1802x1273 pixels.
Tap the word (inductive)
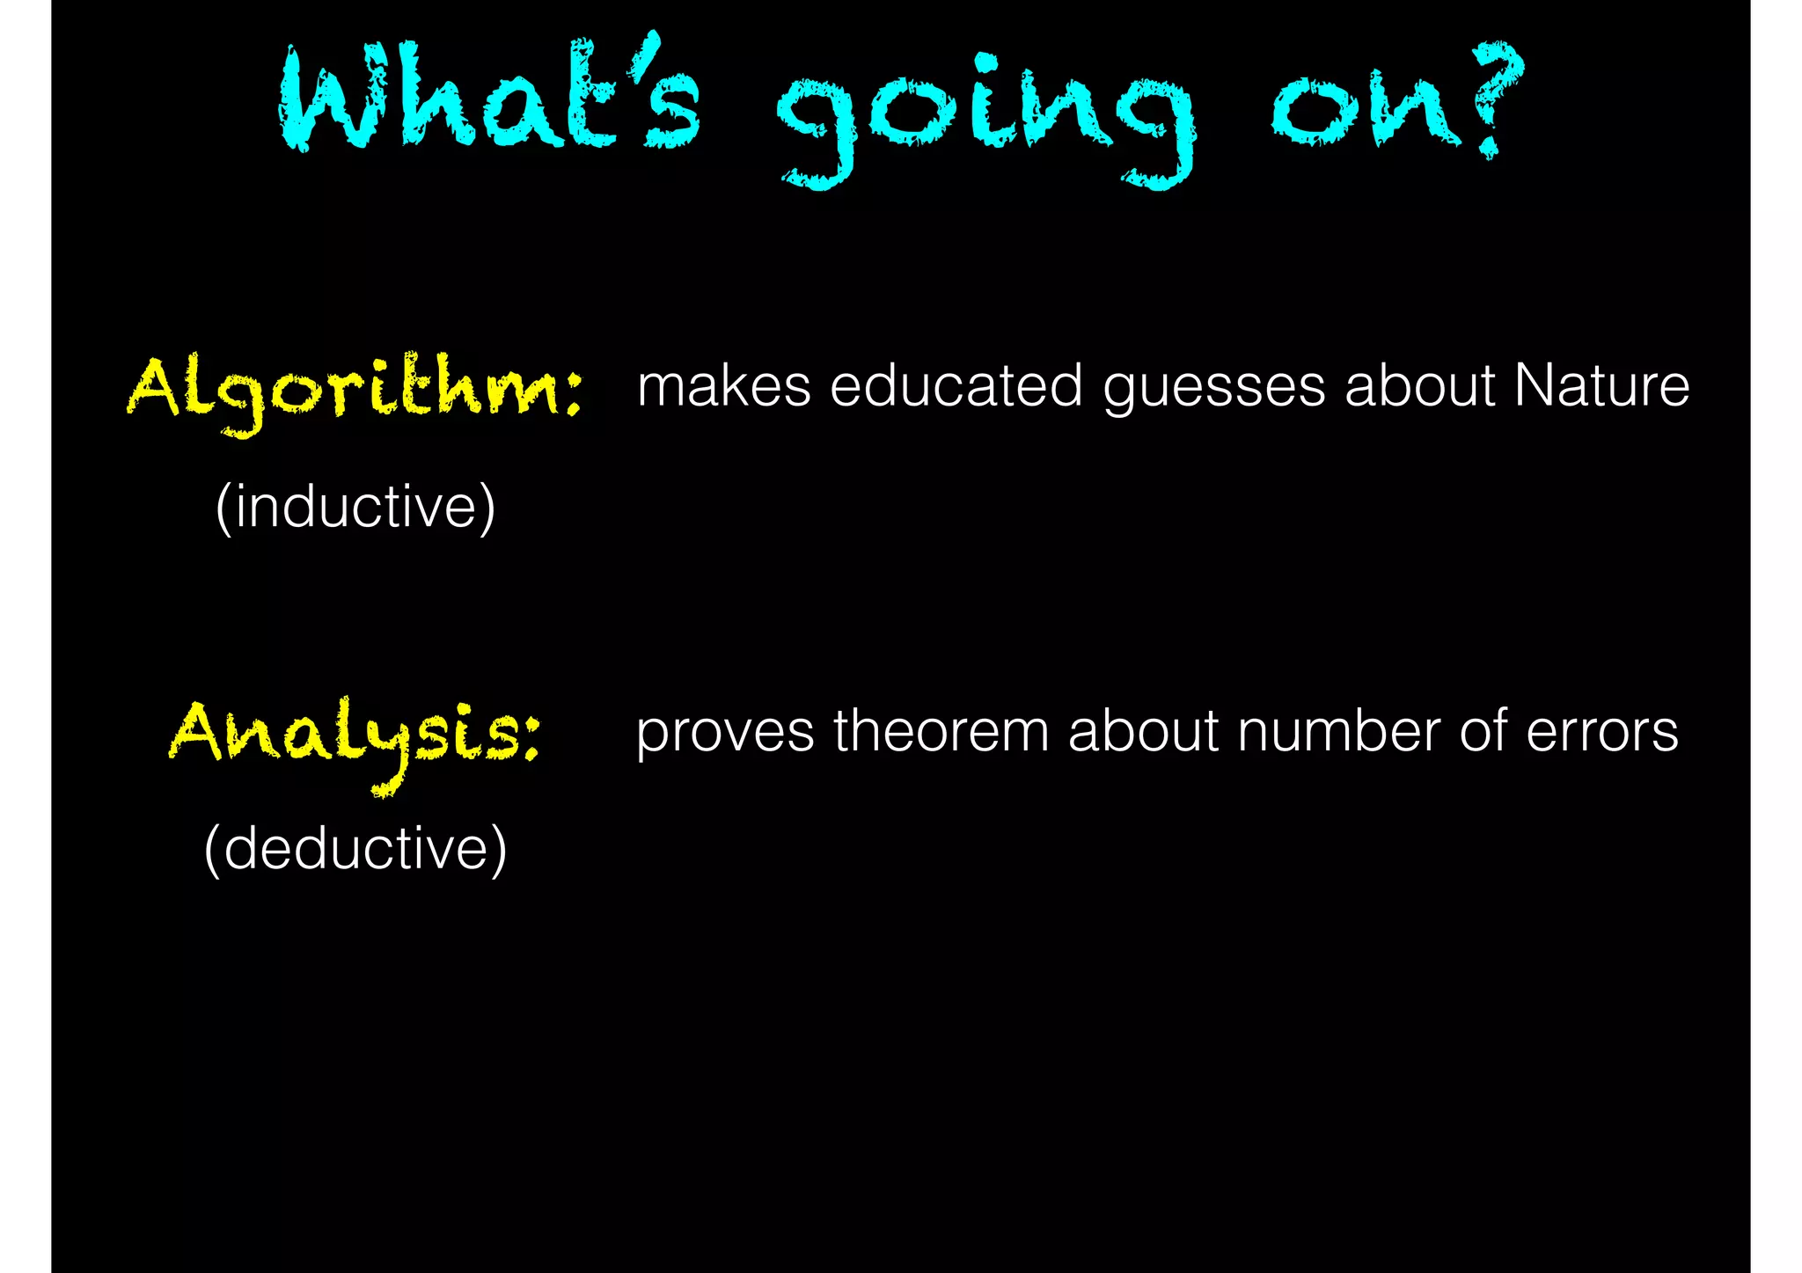click(x=355, y=508)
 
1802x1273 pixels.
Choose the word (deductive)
click(x=355, y=849)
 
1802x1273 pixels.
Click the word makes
click(x=723, y=386)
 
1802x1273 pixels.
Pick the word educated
click(x=956, y=386)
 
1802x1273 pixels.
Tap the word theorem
click(x=941, y=731)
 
